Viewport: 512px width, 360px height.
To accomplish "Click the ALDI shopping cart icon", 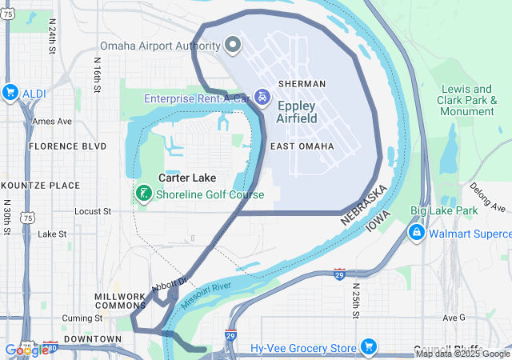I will [10, 91].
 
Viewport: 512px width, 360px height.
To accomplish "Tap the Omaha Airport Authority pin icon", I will [234, 43].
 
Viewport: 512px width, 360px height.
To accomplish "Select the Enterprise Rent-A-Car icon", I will [262, 98].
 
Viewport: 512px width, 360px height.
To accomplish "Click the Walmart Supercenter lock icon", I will [416, 233].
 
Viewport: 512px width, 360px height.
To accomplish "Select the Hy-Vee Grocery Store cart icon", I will [368, 347].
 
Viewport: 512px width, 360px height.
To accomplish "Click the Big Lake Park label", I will [444, 211].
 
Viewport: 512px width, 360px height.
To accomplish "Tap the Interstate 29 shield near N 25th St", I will [340, 274].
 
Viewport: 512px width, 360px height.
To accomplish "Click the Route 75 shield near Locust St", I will [28, 217].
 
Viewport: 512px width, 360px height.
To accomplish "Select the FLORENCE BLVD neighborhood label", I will [67, 146].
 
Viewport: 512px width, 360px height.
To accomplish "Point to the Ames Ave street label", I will [52, 121].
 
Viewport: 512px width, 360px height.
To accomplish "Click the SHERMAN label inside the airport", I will [302, 83].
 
